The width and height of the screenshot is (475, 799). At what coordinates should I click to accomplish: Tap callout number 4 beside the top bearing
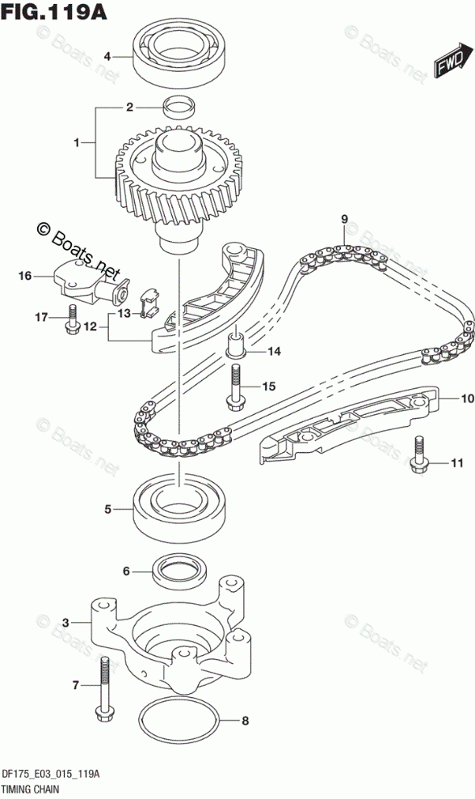pyautogui.click(x=107, y=57)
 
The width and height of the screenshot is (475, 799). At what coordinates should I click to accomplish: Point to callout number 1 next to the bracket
pyautogui.click(x=77, y=143)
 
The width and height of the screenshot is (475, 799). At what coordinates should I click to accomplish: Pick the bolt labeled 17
pyautogui.click(x=72, y=320)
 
